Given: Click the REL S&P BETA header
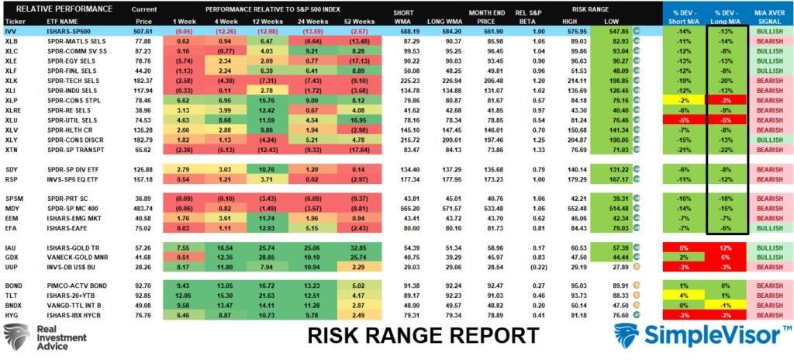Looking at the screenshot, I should pos(535,16).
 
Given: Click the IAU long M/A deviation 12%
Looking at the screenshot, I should pos(727,246).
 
